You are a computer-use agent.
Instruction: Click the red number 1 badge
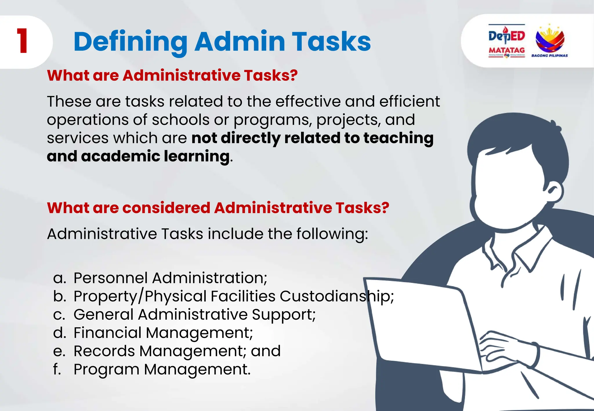point(22,41)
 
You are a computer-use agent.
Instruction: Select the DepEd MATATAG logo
point(507,41)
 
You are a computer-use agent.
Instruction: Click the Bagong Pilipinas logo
point(549,41)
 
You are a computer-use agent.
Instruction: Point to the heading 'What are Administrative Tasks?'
point(172,75)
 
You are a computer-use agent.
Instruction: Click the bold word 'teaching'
point(399,138)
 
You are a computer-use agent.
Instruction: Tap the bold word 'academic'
point(120,156)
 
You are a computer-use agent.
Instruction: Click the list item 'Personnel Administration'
point(170,278)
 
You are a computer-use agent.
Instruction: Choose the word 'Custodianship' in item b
point(336,296)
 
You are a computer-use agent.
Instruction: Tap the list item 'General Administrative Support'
point(194,314)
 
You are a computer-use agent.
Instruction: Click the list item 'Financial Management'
point(163,333)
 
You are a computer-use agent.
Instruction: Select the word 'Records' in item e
point(104,351)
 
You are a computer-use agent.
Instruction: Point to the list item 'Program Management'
point(162,370)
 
